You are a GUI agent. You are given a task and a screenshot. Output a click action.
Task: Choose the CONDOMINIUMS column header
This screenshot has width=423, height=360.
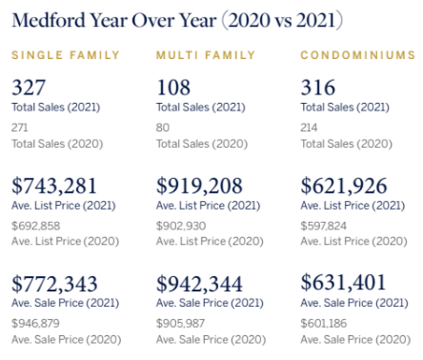coord(357,55)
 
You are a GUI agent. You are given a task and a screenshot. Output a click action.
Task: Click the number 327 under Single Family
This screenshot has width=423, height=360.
coord(29,89)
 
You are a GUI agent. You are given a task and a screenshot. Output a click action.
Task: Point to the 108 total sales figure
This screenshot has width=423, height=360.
coord(173,89)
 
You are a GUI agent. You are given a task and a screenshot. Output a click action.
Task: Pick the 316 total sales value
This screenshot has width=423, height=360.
coord(318,89)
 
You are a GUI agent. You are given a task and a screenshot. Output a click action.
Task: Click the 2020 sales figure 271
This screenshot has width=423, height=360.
coord(20,127)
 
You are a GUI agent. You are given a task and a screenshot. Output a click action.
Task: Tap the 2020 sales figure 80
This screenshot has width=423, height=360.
coord(163,127)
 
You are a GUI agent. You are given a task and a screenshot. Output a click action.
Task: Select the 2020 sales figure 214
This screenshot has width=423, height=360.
coord(311,127)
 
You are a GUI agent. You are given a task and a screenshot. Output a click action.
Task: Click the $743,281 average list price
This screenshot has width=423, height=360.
coord(55,186)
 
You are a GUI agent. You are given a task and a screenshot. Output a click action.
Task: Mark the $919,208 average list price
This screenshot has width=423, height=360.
coord(199,186)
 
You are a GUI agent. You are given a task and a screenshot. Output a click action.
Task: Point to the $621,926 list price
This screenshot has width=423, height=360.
coord(344,186)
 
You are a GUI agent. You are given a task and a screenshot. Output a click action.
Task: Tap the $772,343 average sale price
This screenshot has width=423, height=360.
coord(55,283)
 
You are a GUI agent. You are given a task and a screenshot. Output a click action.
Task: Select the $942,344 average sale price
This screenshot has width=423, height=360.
coord(200,283)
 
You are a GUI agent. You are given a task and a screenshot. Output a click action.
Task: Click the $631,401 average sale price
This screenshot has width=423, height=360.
coord(344,283)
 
